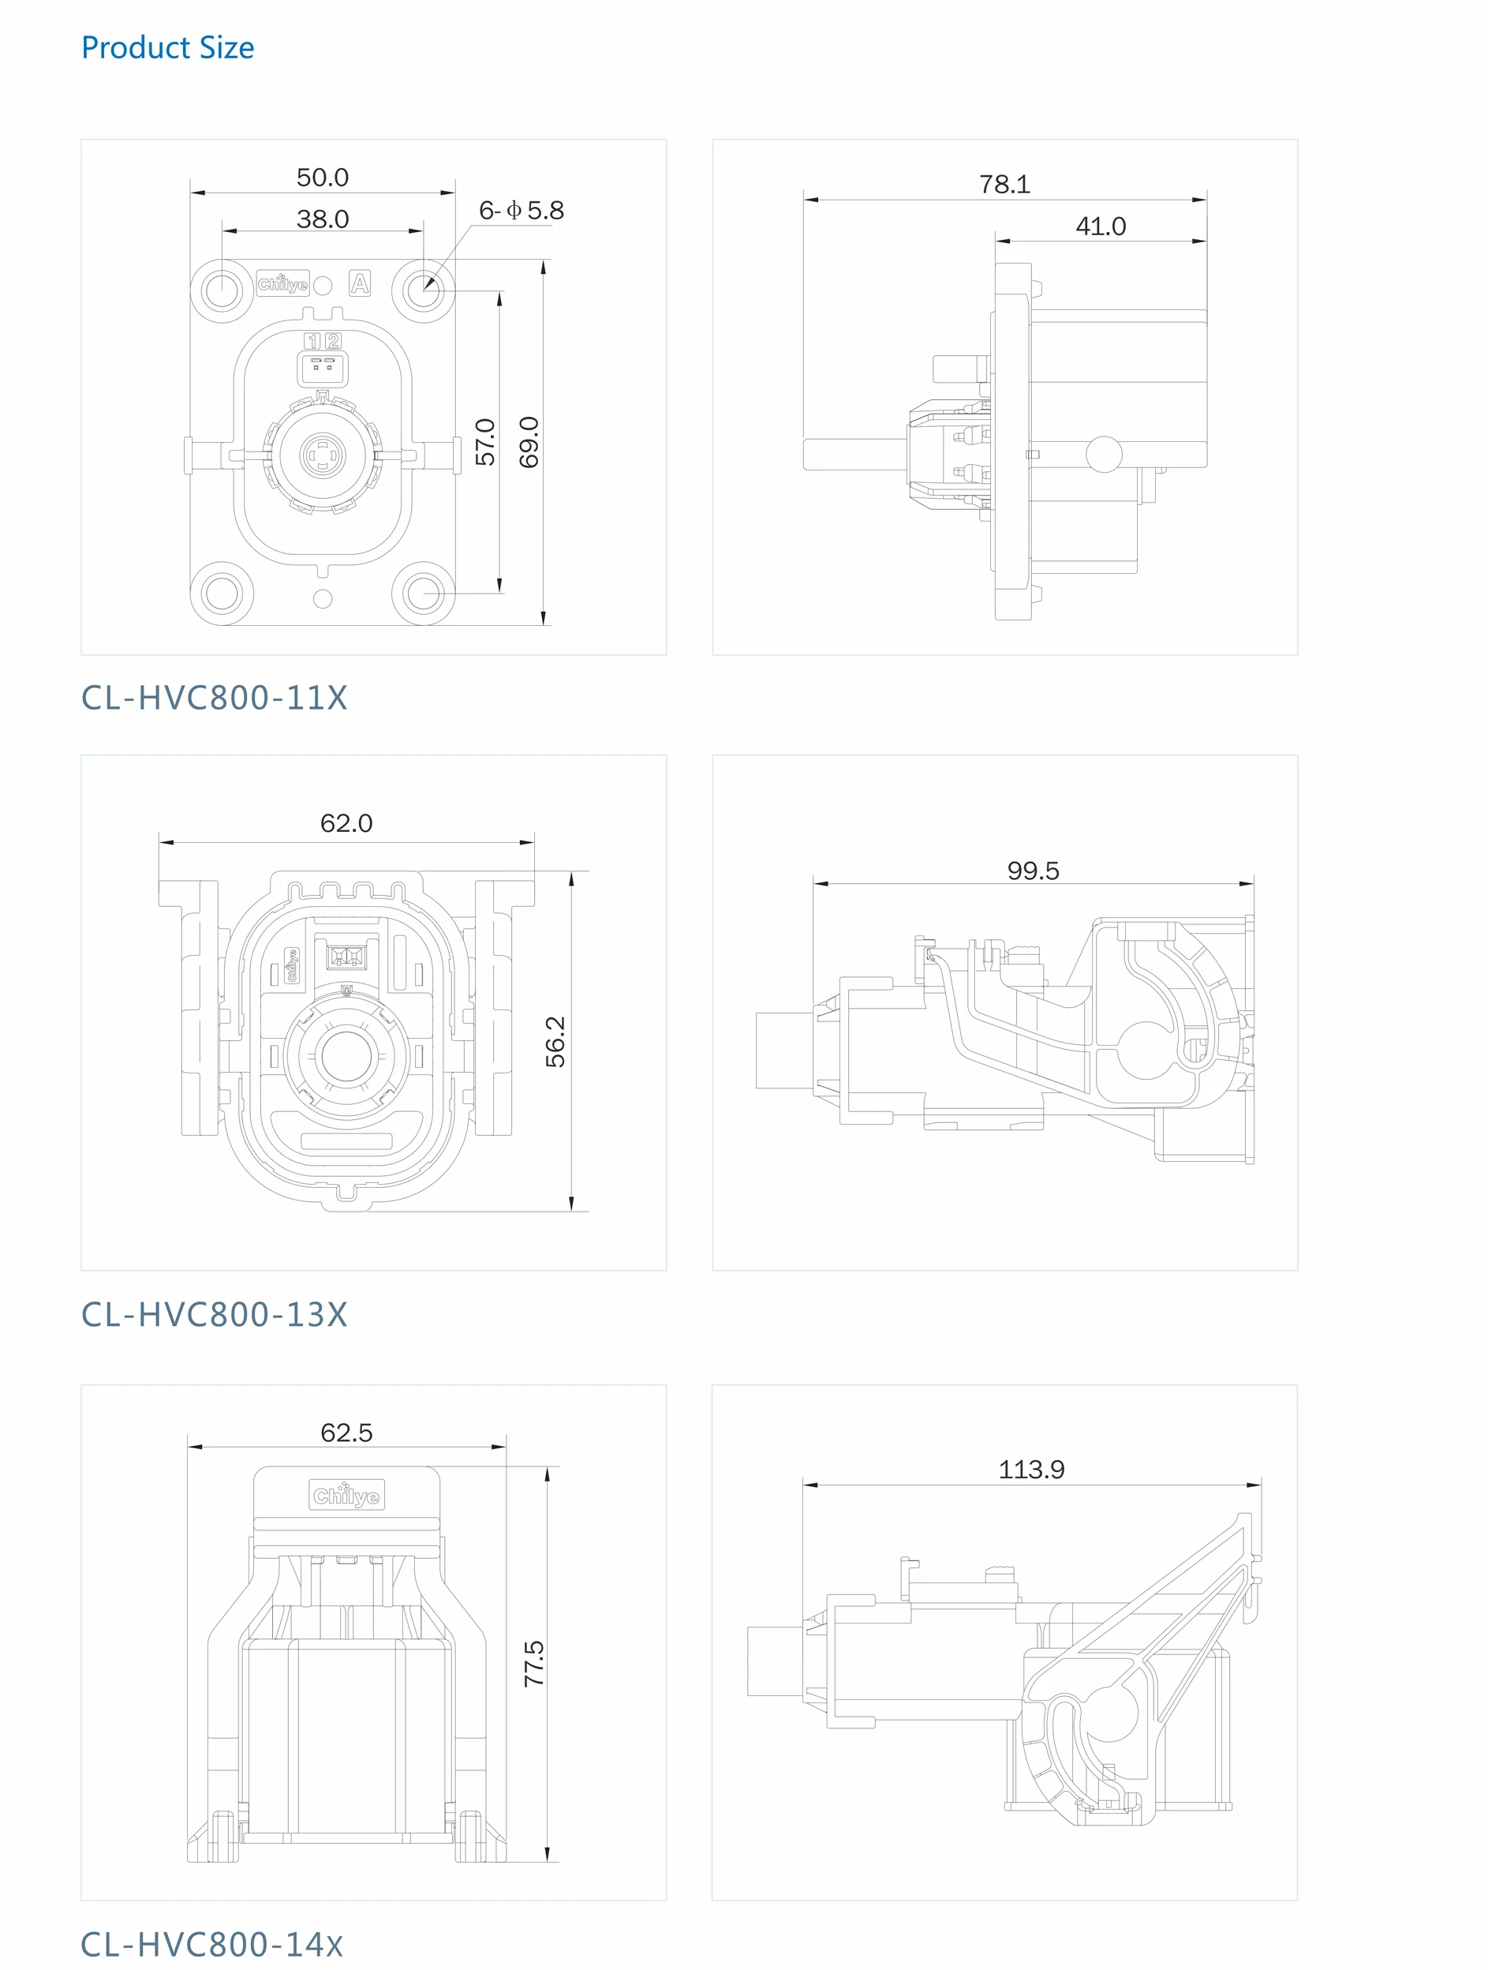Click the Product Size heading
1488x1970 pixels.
pos(167,47)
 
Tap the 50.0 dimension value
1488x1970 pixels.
pos(323,178)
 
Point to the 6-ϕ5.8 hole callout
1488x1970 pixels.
pos(521,210)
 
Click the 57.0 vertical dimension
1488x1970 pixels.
pos(484,442)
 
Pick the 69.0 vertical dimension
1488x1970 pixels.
pos(529,442)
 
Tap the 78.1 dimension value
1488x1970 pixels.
pos(1004,185)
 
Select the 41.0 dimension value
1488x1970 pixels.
pos(1101,227)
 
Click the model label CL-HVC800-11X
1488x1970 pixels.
pos(214,698)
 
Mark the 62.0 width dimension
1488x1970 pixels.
pos(346,823)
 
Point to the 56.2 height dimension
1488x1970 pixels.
pos(555,1041)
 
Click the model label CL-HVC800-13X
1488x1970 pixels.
pos(214,1315)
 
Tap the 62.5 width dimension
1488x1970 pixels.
pos(346,1432)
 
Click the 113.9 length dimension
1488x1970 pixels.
pos(1031,1469)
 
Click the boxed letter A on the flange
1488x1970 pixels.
pos(360,284)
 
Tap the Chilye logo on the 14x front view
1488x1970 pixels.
pos(346,1496)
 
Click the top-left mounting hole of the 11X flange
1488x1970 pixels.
pos(221,290)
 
